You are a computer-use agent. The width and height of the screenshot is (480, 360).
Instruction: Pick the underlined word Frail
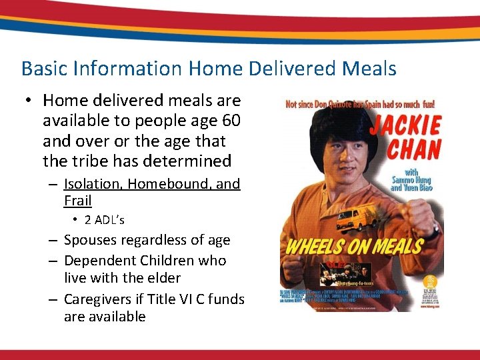pos(77,201)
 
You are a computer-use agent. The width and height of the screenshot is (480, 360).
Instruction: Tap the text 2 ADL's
pos(104,220)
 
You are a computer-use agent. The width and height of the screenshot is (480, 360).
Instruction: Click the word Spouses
pos(91,240)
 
